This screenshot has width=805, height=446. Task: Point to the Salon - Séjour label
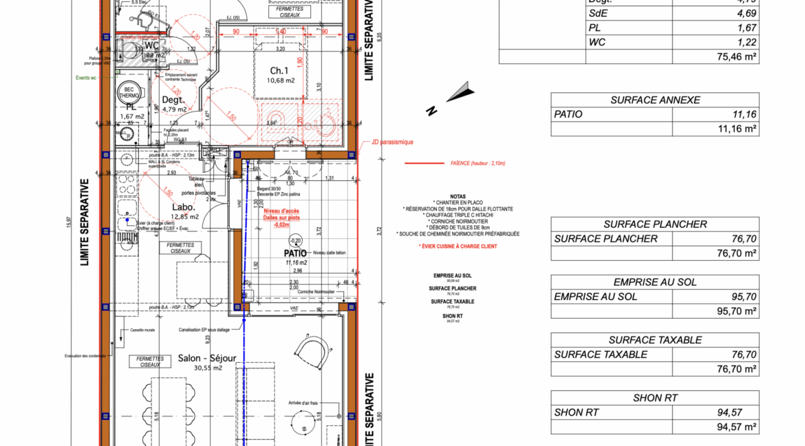pyautogui.click(x=206, y=359)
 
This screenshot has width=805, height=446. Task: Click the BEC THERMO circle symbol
pyautogui.click(x=129, y=92)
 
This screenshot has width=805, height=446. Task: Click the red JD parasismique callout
pyautogui.click(x=391, y=142)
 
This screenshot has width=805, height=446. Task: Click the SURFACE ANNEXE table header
pyautogui.click(x=655, y=100)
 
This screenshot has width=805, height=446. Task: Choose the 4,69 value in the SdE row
pyautogui.click(x=747, y=13)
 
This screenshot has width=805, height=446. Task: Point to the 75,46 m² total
pyautogui.click(x=737, y=57)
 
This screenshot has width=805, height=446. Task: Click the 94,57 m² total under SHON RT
pyautogui.click(x=737, y=427)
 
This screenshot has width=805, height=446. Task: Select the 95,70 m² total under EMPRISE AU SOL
pyautogui.click(x=737, y=311)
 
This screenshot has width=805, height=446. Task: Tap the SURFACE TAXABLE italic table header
pyautogui.click(x=655, y=340)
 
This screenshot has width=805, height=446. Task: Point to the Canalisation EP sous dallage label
pyautogui.click(x=204, y=330)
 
